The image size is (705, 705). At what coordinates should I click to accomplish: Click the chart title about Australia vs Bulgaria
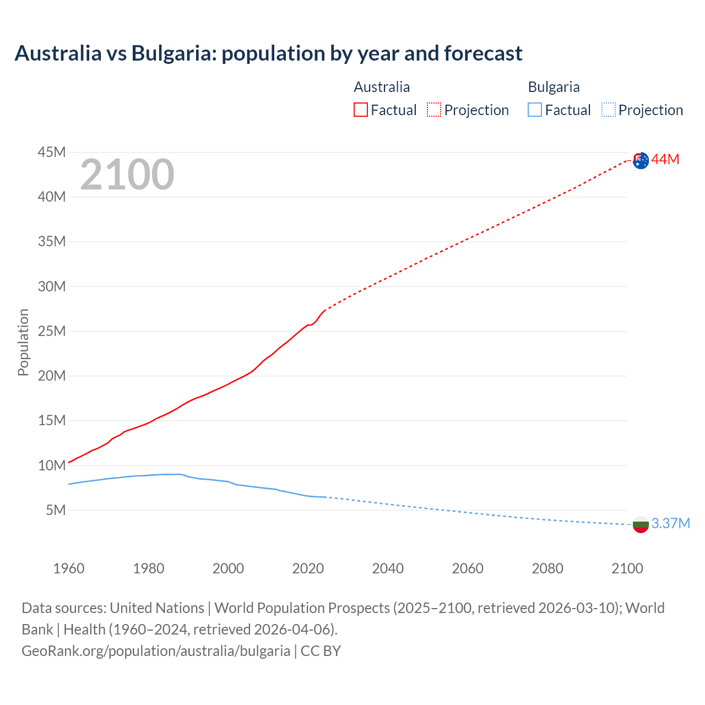[268, 53]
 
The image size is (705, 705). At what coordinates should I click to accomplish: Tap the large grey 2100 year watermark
[127, 175]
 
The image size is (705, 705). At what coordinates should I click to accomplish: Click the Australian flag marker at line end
[641, 160]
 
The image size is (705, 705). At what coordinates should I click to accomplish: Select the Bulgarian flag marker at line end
[641, 524]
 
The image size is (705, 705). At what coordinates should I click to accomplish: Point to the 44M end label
[665, 160]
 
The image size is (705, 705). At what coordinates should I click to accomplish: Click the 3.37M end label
[670, 523]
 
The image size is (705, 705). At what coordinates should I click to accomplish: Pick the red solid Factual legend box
[361, 110]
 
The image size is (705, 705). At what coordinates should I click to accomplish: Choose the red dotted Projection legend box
[434, 110]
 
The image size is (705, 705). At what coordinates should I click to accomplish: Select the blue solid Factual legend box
[535, 110]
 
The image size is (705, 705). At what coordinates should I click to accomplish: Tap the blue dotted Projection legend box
[609, 110]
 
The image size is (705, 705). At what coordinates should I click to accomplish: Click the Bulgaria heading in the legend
[554, 87]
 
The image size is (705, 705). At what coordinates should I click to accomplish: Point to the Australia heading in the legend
[382, 87]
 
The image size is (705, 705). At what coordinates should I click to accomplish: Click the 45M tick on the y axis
[52, 152]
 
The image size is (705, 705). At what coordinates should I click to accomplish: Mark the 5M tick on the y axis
[56, 510]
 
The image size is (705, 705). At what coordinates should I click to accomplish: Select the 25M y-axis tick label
[52, 331]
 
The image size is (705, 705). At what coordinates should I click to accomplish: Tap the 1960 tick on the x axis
[69, 568]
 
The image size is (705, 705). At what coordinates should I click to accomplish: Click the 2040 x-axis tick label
[388, 568]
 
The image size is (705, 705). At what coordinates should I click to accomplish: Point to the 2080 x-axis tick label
[547, 568]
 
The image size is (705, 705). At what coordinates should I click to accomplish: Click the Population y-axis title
[23, 342]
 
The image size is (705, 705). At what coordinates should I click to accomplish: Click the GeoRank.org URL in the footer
[156, 651]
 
